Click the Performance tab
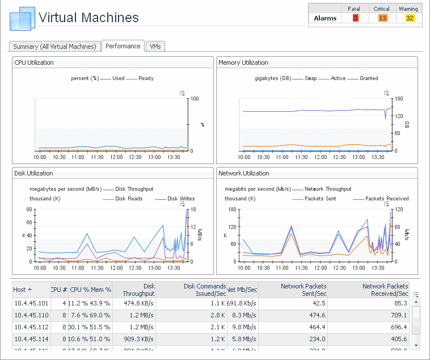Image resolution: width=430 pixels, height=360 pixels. point(123,46)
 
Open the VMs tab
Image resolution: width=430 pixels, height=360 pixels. point(154,47)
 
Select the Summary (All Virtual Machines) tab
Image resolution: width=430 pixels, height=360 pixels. point(55,47)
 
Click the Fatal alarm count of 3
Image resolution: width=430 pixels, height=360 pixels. point(356,18)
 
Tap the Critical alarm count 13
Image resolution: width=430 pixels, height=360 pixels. point(382,18)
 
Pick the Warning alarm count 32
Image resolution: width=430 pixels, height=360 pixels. point(410,18)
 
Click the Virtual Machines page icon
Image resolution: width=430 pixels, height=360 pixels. point(22,19)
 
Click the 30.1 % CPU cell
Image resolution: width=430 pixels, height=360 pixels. point(78,327)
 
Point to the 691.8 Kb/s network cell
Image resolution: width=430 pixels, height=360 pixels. point(242,303)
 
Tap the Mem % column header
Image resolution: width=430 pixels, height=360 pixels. point(101,290)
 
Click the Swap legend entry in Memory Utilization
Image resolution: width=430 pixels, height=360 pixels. point(310,78)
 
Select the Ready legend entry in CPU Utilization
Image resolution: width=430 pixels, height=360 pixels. point(146,78)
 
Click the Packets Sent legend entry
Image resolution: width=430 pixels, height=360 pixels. point(321,199)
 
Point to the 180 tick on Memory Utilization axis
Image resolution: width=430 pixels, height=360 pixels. point(399,99)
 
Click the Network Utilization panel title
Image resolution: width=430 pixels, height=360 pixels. point(243,173)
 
